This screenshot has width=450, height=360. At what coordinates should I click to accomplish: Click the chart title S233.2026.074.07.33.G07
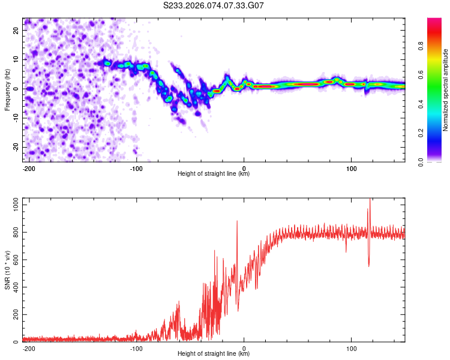click(x=214, y=5)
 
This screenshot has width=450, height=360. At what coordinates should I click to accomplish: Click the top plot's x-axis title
click(x=214, y=174)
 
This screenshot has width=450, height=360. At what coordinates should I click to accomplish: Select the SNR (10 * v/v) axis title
click(x=8, y=270)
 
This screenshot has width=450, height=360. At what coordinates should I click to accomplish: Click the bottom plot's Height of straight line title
click(x=214, y=354)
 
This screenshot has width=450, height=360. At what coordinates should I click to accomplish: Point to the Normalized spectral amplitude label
click(x=446, y=91)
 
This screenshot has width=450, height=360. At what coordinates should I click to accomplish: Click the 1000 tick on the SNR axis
click(x=13, y=205)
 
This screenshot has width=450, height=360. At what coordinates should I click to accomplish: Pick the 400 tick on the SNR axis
click(x=14, y=287)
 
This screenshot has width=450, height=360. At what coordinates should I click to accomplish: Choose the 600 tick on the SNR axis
click(x=14, y=260)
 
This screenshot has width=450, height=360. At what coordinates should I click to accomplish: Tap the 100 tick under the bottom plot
click(x=351, y=347)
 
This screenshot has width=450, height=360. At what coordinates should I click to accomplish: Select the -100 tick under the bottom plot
click(x=136, y=347)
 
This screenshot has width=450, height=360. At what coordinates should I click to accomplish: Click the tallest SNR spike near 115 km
click(x=370, y=200)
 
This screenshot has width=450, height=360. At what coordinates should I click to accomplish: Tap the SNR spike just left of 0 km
click(x=237, y=222)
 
